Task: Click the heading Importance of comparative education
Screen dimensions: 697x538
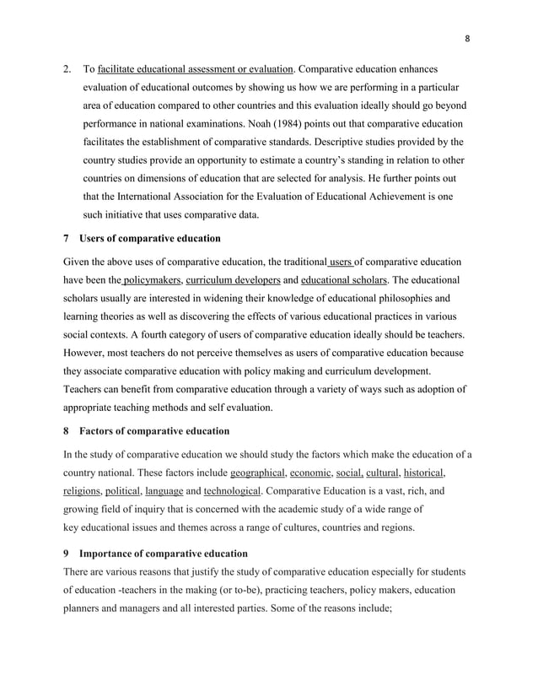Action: (x=164, y=554)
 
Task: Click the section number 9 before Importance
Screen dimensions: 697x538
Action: (x=67, y=554)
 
